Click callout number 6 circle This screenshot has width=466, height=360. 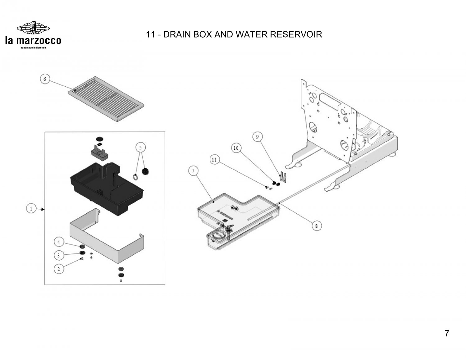pos(45,79)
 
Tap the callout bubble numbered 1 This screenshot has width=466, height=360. pos(31,208)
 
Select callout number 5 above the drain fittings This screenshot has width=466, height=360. pos(140,148)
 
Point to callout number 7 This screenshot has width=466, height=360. pos(193,171)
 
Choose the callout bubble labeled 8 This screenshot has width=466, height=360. pos(317,226)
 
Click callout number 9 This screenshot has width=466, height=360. pos(257,137)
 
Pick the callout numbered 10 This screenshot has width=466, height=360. pos(236,148)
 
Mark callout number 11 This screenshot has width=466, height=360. pos(214,160)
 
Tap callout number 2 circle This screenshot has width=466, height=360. pos(59,269)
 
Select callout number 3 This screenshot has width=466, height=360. pos(59,255)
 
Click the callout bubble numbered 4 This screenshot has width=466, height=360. pos(59,242)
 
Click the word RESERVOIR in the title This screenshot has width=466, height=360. pos(296,34)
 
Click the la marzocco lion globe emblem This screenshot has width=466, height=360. pos(33,28)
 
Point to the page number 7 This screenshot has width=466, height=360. pos(447,333)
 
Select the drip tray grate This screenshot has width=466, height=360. pos(106,99)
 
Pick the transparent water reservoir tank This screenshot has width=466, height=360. pos(238,221)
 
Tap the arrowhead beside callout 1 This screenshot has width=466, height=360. pos(43,209)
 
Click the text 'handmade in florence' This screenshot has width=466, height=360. pos(33,48)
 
